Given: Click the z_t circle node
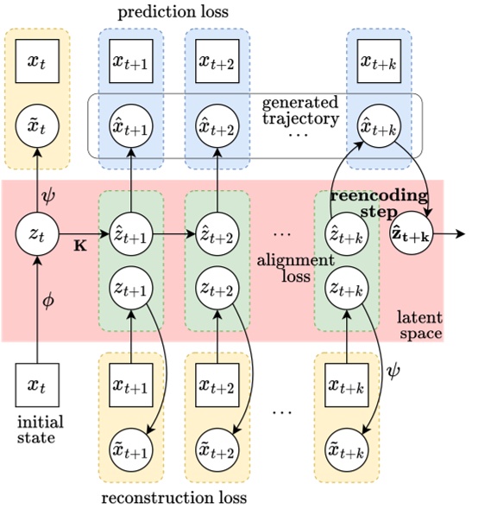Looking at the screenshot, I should tap(35, 233).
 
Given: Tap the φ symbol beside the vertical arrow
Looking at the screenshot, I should tap(49, 302).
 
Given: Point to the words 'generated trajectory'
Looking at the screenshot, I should tap(299, 111).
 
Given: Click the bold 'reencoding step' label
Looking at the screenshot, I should tap(378, 203).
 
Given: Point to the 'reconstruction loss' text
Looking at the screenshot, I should tap(174, 498).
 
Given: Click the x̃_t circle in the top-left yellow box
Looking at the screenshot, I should tap(35, 129).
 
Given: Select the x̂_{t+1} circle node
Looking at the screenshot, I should tap(130, 129).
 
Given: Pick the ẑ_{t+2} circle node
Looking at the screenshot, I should tap(217, 233).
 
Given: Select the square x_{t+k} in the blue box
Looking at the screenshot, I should tap(379, 60).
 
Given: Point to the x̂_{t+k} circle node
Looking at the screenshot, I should tap(379, 129).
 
